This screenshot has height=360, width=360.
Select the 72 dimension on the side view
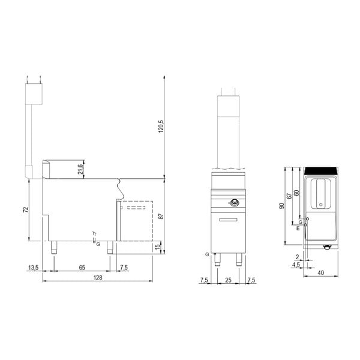tap(26, 211)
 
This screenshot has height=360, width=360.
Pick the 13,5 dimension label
tap(34, 267)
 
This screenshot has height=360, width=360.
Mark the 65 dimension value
tap(80, 267)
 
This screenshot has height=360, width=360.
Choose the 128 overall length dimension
tap(97, 278)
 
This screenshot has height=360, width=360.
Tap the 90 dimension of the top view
tap(282, 206)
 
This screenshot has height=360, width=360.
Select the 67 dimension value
tap(289, 196)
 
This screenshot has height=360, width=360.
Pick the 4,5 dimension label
tap(295, 264)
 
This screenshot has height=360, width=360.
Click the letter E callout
tap(298, 229)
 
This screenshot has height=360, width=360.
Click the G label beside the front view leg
tap(207, 254)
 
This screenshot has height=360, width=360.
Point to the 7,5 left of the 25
tap(204, 280)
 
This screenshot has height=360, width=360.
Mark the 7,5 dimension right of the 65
tap(123, 267)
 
